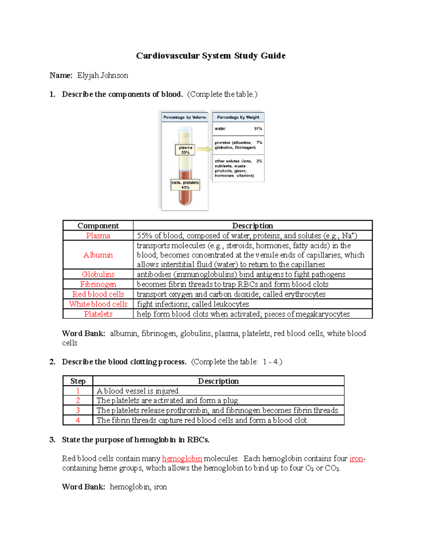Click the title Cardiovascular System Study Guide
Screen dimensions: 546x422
click(x=211, y=56)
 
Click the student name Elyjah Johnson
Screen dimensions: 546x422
click(x=102, y=76)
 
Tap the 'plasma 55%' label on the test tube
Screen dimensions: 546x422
click(x=185, y=150)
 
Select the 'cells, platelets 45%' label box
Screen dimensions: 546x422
click(x=185, y=185)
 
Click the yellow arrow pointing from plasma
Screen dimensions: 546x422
click(x=204, y=149)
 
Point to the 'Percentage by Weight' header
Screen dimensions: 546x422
click(x=238, y=117)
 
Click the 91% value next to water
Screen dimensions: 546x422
click(x=258, y=129)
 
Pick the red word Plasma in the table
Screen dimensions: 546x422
click(x=98, y=236)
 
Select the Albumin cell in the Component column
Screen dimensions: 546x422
click(x=98, y=255)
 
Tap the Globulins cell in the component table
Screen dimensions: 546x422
click(x=98, y=274)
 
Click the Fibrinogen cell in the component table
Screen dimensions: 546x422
click(x=98, y=284)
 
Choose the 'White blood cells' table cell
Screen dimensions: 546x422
click(x=98, y=304)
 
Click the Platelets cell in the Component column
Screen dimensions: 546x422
click(x=98, y=314)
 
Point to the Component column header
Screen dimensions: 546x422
click(x=98, y=226)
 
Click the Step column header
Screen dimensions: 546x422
click(x=78, y=381)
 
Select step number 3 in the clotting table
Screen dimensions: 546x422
click(x=78, y=410)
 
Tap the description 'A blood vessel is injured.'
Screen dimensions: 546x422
click(x=138, y=391)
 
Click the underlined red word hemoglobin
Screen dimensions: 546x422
click(x=182, y=459)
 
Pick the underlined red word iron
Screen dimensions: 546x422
click(x=356, y=459)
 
